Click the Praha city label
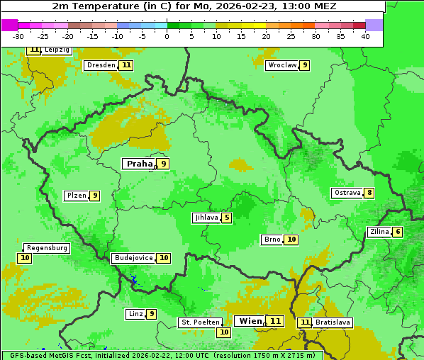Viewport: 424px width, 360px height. (x=139, y=164)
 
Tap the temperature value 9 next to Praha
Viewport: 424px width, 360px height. (x=163, y=164)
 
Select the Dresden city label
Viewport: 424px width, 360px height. (x=101, y=65)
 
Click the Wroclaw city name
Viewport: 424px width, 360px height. (x=281, y=65)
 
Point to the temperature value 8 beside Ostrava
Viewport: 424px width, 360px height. (x=369, y=193)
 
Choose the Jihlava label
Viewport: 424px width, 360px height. (x=206, y=218)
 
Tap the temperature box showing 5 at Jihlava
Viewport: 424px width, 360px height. (x=226, y=218)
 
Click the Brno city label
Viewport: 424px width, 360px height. (x=272, y=240)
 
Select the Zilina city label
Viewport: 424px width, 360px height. (x=379, y=232)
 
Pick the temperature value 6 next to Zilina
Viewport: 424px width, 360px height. (x=398, y=232)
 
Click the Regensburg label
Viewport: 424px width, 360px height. (x=47, y=248)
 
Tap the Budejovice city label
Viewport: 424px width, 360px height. (x=133, y=258)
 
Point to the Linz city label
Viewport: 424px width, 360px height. (x=135, y=314)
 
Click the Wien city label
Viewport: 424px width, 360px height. (x=250, y=321)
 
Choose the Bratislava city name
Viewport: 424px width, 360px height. (x=333, y=322)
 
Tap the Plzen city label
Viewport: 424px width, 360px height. (x=76, y=196)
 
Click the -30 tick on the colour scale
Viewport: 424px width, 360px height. (x=18, y=36)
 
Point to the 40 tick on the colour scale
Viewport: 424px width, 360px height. (x=365, y=36)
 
